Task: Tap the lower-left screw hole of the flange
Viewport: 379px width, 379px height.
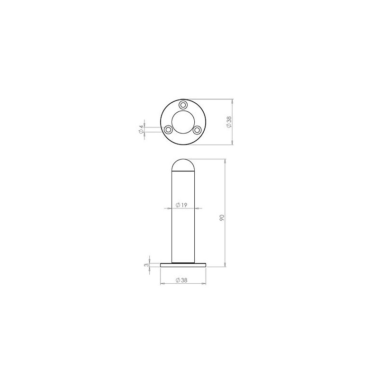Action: point(168,129)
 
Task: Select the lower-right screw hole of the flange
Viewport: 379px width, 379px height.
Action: point(198,129)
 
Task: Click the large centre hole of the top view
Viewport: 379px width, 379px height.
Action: point(183,121)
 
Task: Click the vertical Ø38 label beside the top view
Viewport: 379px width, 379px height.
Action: point(229,122)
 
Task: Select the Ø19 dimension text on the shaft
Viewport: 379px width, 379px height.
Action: point(182,205)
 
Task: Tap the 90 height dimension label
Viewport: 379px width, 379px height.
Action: point(222,217)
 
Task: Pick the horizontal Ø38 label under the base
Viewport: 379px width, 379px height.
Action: point(181,280)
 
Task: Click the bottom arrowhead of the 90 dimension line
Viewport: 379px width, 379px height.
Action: point(226,265)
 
